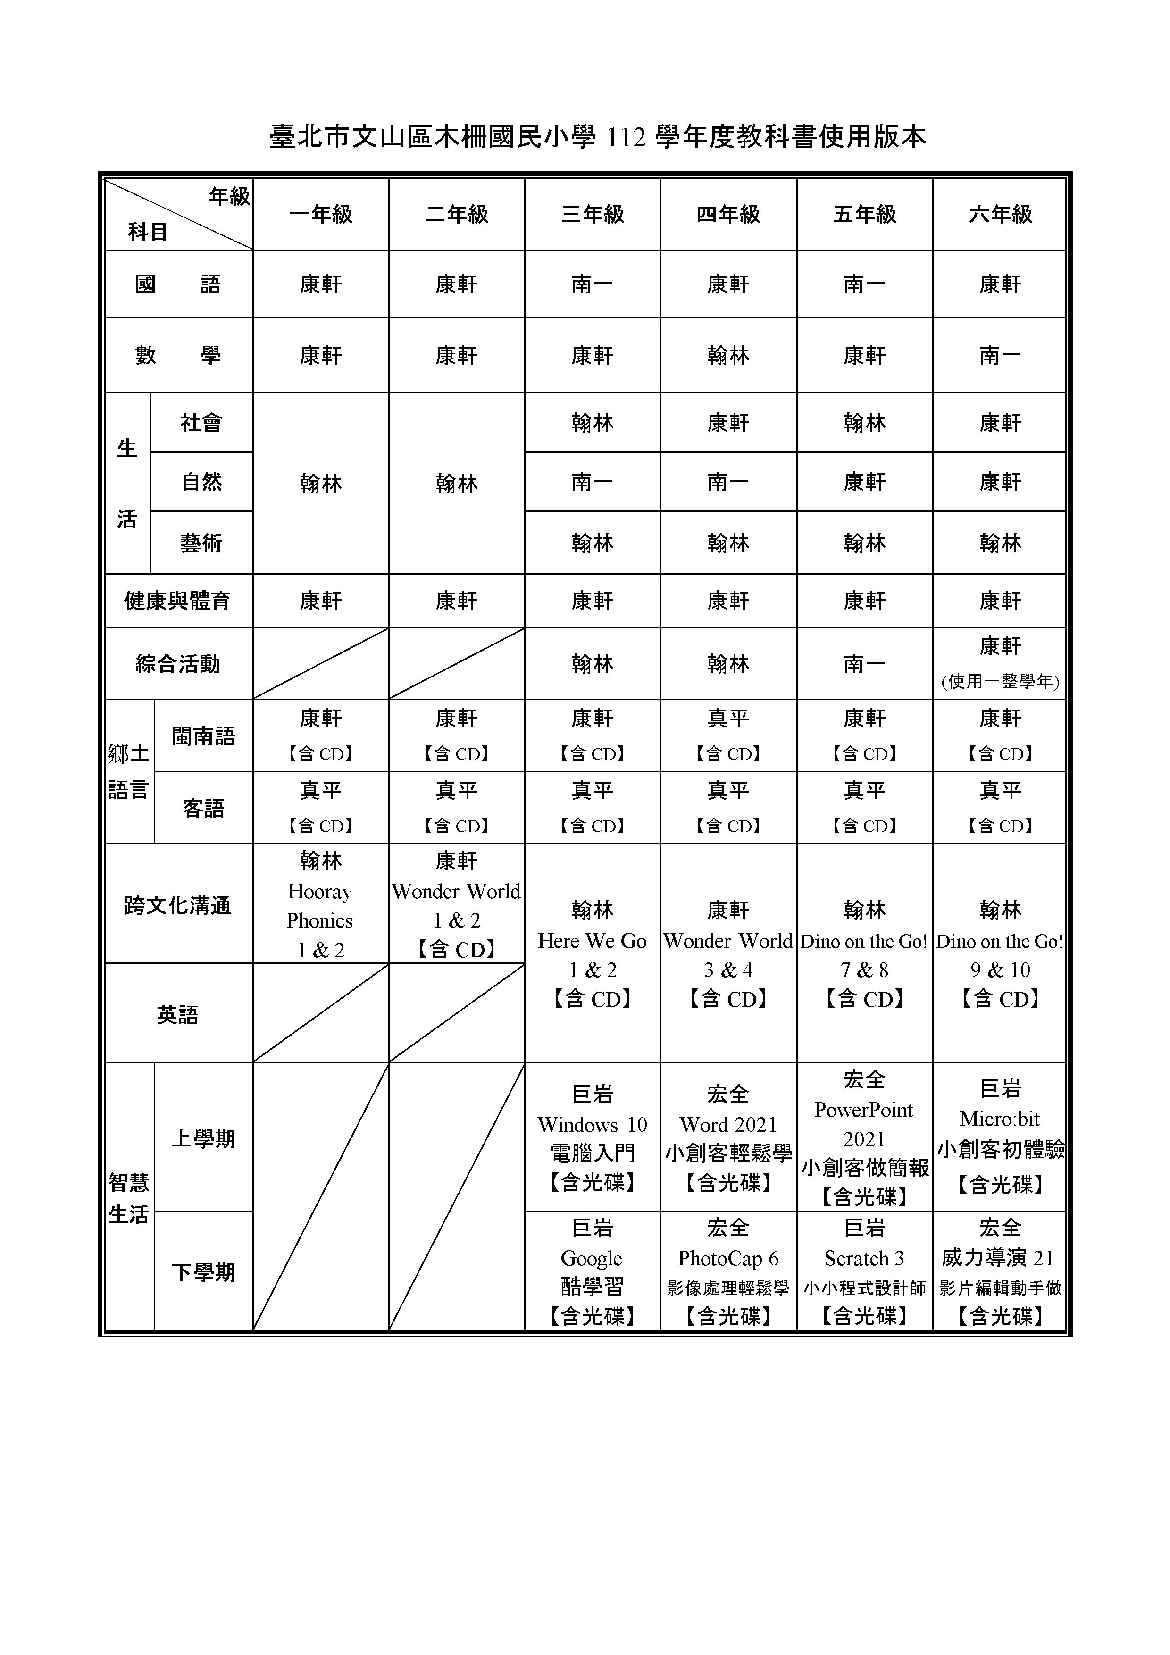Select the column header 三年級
[593, 214]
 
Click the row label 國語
[177, 284]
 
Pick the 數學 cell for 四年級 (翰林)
[728, 355]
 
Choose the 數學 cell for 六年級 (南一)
[1000, 355]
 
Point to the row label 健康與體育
[177, 601]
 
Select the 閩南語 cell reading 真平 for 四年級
[728, 719]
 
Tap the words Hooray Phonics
[320, 906]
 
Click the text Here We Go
[593, 941]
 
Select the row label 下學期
[203, 1272]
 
